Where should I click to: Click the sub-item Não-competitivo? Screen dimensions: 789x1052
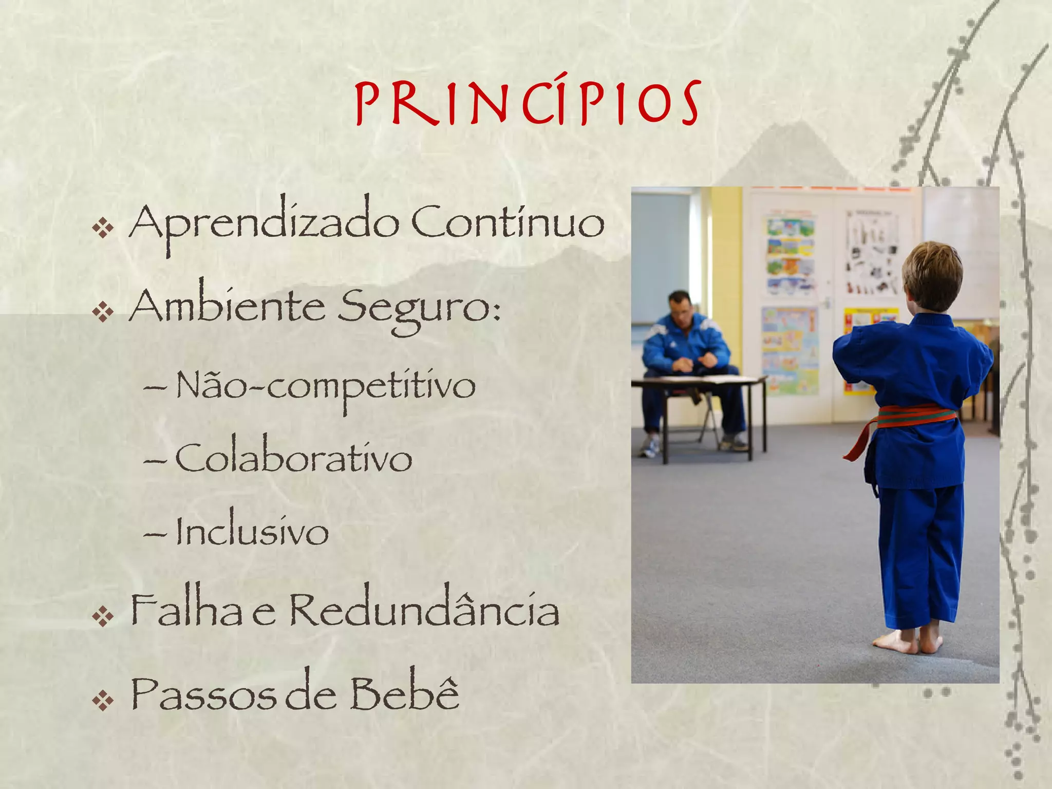(326, 386)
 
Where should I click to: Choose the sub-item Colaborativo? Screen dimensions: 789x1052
(294, 458)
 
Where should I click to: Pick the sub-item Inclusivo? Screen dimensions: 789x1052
(252, 532)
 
